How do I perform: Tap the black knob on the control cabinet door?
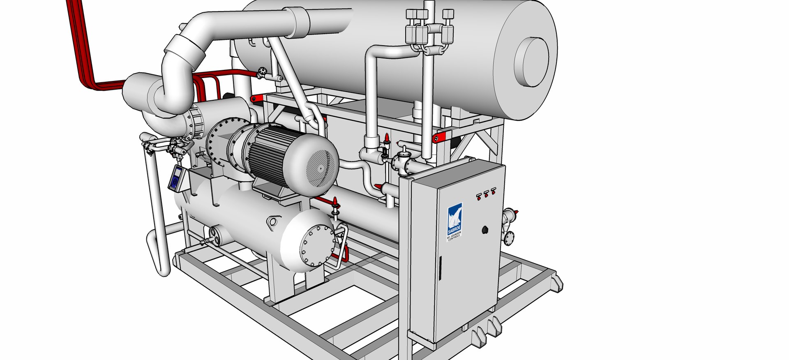coord(485,230)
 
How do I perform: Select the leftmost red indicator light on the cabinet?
coord(479,196)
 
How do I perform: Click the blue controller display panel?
coord(177,178)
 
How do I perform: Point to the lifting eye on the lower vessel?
coord(272,222)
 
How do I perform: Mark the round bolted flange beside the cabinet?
coord(509,237)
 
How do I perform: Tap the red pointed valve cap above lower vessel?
coord(335,202)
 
